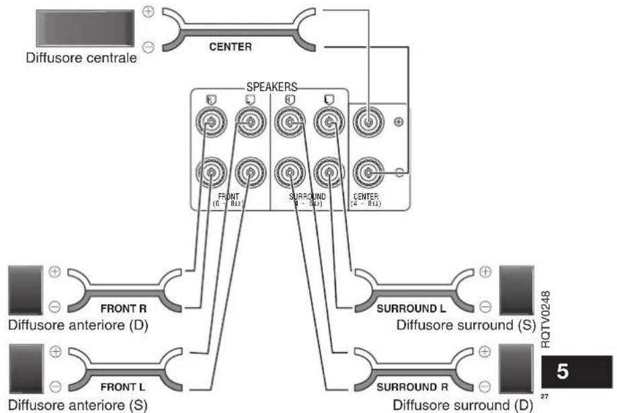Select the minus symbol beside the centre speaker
tap(148, 47)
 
